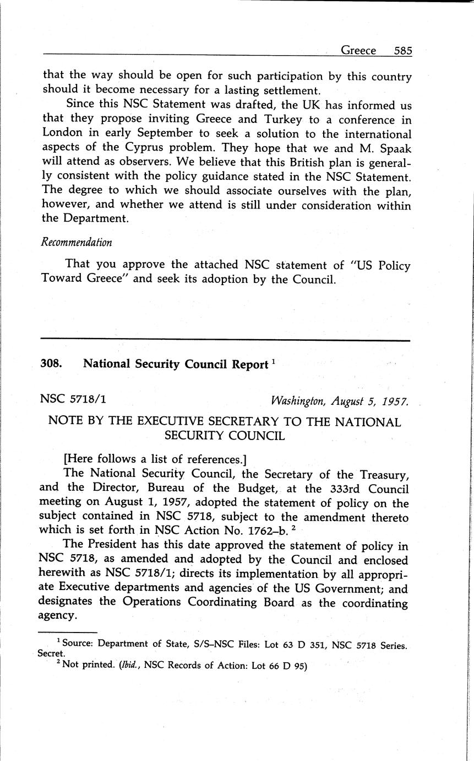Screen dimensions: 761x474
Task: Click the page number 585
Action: tap(403, 51)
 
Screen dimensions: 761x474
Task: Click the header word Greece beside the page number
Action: tap(358, 51)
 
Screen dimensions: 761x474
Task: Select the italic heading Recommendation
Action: tap(77, 243)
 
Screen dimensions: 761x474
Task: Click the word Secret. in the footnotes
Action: tap(51, 653)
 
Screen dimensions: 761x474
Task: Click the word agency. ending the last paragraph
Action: tap(57, 616)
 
